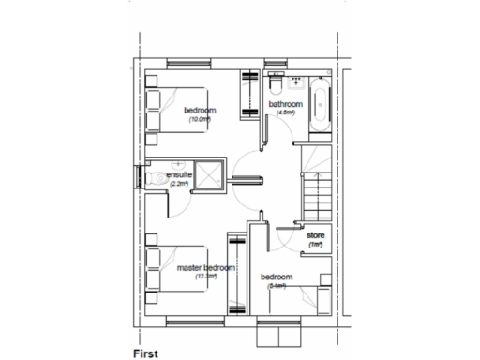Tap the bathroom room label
pyautogui.click(x=285, y=104)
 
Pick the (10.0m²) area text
pyautogui.click(x=200, y=120)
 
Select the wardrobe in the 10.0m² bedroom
pyautogui.click(x=249, y=96)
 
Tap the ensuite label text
pyautogui.click(x=179, y=175)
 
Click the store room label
pyautogui.click(x=315, y=234)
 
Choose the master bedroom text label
pyautogui.click(x=206, y=268)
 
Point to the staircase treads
pyautogui.click(x=313, y=187)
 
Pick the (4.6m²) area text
pyautogui.click(x=285, y=112)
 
